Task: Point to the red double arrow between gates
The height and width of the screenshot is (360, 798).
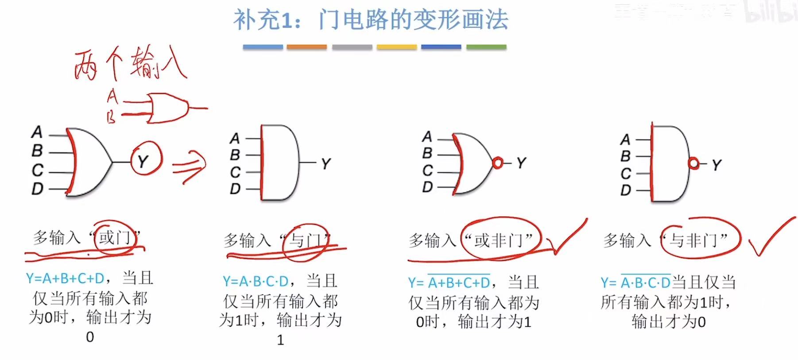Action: [x=189, y=166]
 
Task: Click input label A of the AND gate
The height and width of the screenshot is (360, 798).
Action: [x=235, y=138]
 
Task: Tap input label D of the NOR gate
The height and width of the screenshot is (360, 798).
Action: [x=427, y=187]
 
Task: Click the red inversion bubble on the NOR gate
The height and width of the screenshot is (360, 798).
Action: [x=498, y=163]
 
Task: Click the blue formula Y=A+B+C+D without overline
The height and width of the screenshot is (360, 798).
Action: [x=65, y=279]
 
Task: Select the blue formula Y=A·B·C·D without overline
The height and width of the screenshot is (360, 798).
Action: [x=256, y=281]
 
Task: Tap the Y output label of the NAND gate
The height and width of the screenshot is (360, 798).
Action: [x=717, y=165]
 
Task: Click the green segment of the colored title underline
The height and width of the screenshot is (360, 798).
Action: [x=486, y=47]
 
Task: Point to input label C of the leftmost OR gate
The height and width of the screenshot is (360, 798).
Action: [x=38, y=170]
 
